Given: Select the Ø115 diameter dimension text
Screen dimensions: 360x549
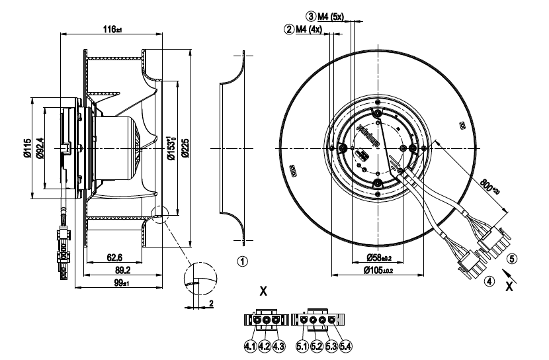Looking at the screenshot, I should (27, 149).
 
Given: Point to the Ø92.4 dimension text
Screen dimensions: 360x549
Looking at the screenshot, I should (39, 149).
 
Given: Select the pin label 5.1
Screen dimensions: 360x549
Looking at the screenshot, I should (302, 345).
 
